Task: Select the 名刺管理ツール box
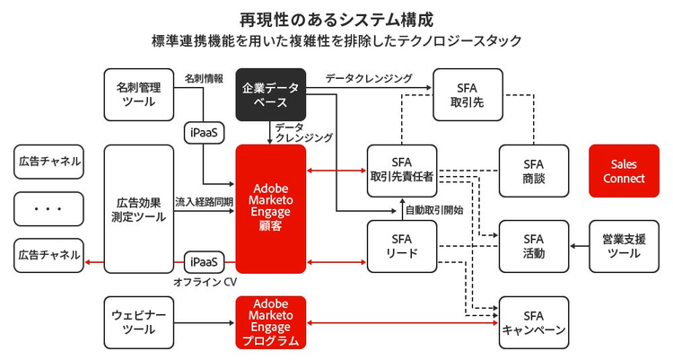[138, 94]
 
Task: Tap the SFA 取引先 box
[468, 94]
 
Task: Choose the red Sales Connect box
[624, 171]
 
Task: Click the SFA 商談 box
[534, 171]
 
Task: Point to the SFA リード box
[402, 246]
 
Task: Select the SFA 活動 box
[534, 246]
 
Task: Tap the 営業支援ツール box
[624, 246]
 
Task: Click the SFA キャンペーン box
[534, 322]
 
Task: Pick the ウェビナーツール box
[138, 322]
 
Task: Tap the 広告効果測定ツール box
[138, 208]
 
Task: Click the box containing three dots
[48, 208]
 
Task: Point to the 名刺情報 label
[204, 78]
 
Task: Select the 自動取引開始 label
[434, 210]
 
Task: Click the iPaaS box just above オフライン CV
[203, 262]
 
